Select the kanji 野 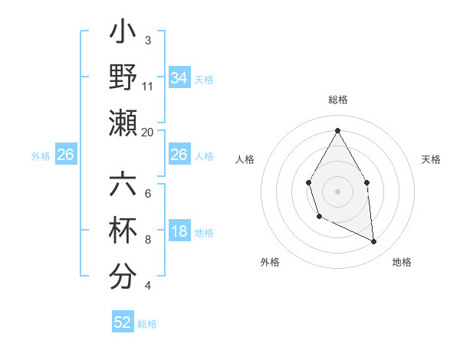point(123,78)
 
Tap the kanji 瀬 point(123,123)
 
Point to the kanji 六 point(123,185)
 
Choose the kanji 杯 point(123,231)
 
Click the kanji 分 point(123,276)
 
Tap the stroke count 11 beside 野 point(148,87)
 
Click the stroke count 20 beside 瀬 point(148,132)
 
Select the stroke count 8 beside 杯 point(148,240)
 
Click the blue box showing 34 point(179,78)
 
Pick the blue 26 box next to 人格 point(179,155)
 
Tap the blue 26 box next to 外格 point(66,155)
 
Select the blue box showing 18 point(179,231)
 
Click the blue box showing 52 point(123,322)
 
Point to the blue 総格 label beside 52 point(147,323)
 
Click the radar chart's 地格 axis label point(402,262)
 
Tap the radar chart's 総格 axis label point(337,100)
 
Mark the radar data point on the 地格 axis point(374,241)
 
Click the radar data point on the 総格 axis point(337,129)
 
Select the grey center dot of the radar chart point(337,190)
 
